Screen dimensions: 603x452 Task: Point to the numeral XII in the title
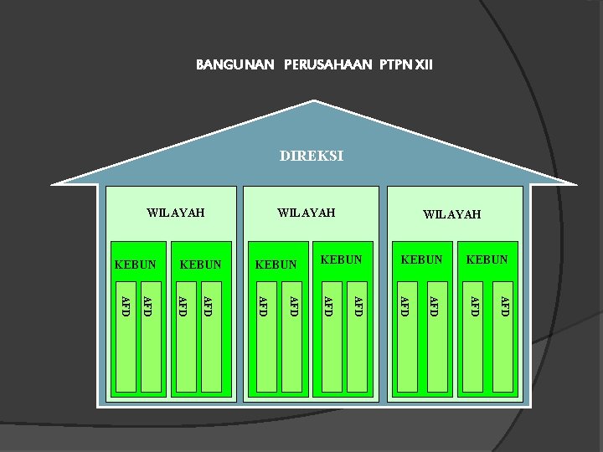pyautogui.click(x=423, y=64)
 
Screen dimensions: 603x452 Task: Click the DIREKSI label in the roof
pyautogui.click(x=312, y=156)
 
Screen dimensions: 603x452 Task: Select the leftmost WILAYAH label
pyautogui.click(x=175, y=213)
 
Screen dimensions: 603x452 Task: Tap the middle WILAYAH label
pyautogui.click(x=306, y=213)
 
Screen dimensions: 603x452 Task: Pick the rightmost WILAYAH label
pyautogui.click(x=451, y=215)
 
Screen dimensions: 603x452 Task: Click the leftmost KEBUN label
pyautogui.click(x=135, y=265)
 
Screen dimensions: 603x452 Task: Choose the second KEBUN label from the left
pyautogui.click(x=201, y=265)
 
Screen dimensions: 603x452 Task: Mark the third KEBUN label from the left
pyautogui.click(x=276, y=265)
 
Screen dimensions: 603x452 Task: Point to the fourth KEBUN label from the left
pyautogui.click(x=341, y=259)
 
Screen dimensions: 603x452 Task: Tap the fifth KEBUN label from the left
pyautogui.click(x=421, y=259)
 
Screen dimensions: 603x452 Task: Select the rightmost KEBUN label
pyautogui.click(x=487, y=259)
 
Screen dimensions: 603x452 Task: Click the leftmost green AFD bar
pyautogui.click(x=126, y=343)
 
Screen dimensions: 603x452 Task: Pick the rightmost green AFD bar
pyautogui.click(x=502, y=343)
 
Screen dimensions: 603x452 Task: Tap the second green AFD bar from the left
pyautogui.click(x=151, y=343)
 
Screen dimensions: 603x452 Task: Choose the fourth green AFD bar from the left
pyautogui.click(x=211, y=343)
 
